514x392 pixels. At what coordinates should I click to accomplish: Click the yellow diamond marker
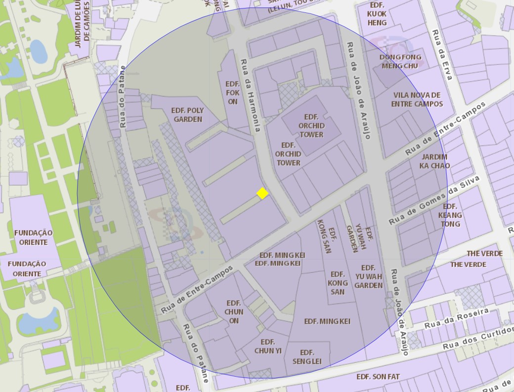[262, 193]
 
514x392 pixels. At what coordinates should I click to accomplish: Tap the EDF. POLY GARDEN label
[187, 115]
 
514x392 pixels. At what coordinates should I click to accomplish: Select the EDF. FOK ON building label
[232, 93]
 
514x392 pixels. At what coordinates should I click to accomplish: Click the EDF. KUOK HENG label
[377, 14]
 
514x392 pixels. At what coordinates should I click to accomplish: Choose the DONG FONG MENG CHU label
[400, 61]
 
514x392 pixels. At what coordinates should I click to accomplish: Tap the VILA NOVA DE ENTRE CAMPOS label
[417, 99]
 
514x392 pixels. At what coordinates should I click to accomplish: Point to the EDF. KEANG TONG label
[450, 215]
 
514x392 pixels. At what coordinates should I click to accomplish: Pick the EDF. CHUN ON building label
[234, 311]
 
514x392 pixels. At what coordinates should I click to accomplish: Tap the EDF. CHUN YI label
[268, 346]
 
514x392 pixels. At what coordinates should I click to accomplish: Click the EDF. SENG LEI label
[307, 357]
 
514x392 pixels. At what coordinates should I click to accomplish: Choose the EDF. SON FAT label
[378, 377]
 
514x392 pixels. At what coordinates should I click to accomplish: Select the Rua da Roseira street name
[456, 318]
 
